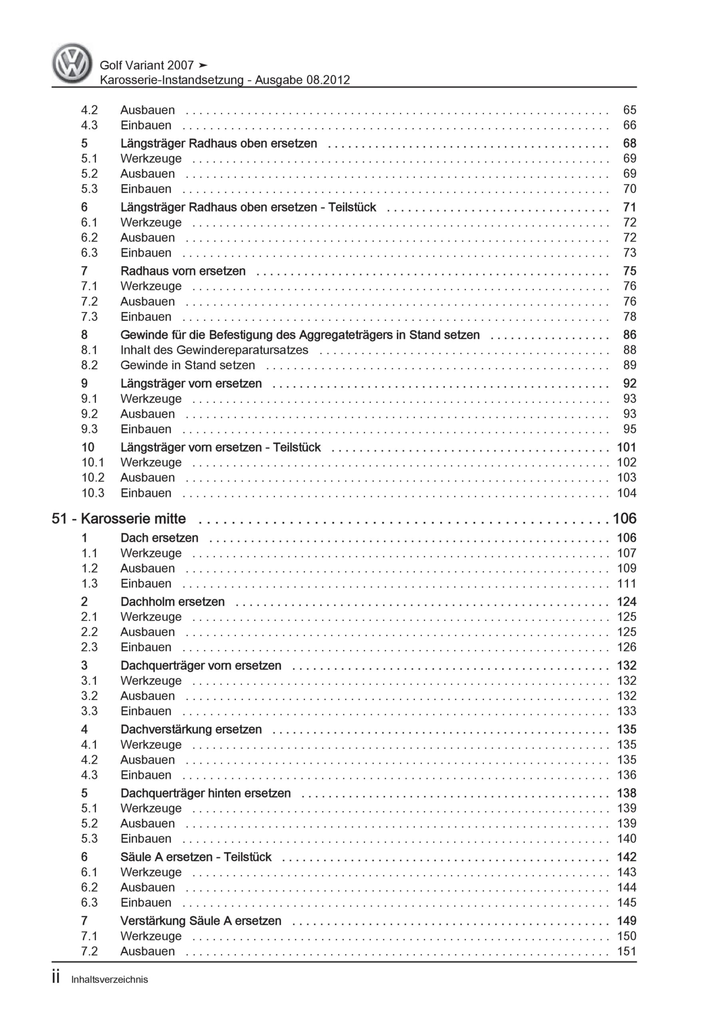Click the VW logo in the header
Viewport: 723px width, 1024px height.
click(x=72, y=63)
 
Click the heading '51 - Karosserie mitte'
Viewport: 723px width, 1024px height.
click(x=119, y=518)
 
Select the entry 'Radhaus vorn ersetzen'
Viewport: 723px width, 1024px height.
click(x=183, y=271)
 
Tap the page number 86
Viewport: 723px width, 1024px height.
click(x=629, y=334)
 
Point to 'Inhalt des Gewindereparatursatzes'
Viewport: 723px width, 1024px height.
click(x=214, y=350)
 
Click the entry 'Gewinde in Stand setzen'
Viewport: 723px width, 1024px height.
click(x=188, y=365)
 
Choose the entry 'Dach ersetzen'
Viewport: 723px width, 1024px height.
click(x=159, y=538)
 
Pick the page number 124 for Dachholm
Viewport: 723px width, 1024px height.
click(x=626, y=601)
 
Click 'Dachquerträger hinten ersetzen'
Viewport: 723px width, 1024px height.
click(x=205, y=793)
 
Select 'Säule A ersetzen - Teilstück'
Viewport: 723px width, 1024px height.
click(x=196, y=857)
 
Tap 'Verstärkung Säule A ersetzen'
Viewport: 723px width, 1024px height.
click(x=201, y=920)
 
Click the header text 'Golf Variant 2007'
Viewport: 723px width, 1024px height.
click(x=147, y=65)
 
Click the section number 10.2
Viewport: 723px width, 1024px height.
click(x=92, y=477)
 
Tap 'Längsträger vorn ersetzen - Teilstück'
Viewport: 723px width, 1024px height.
click(x=220, y=447)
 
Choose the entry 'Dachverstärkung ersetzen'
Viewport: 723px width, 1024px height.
click(x=191, y=729)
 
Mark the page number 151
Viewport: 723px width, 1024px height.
click(x=626, y=951)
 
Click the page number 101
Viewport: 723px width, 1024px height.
click(x=626, y=447)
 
